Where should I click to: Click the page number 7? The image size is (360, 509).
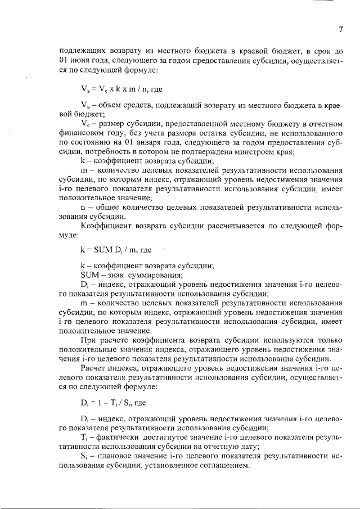[x=341, y=30]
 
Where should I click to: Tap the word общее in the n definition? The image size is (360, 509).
[x=112, y=206]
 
